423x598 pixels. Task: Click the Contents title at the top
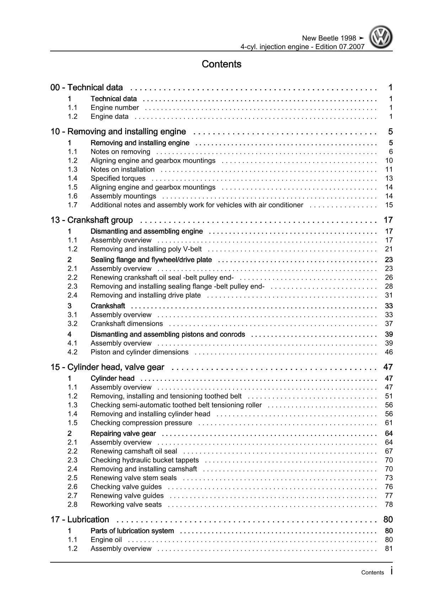221,64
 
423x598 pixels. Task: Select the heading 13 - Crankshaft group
92,220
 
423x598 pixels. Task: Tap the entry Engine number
114,108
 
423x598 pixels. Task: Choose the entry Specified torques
118,178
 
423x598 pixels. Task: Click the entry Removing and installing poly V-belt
146,249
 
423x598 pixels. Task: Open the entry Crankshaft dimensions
127,324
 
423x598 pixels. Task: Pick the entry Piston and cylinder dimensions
139,352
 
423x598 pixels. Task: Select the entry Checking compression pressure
141,423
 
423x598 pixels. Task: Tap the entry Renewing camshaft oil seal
134,451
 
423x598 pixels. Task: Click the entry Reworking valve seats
126,505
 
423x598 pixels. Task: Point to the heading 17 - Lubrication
80,520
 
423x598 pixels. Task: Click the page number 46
389,352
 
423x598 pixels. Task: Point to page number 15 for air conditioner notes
389,205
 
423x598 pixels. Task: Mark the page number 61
389,423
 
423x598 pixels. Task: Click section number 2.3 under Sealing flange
73,286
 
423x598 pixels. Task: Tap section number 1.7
73,205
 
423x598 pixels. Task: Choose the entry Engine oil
106,540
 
